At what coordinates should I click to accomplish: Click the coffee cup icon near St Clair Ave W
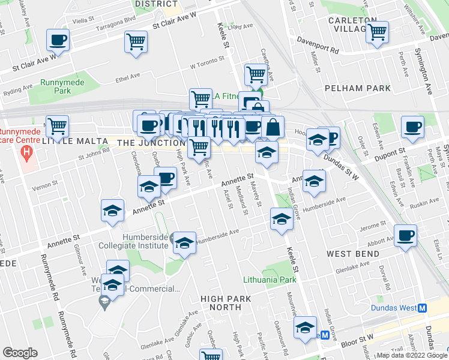tap(58, 40)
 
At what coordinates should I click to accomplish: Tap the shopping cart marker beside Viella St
tap(136, 42)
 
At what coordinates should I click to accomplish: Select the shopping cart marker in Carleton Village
tap(377, 32)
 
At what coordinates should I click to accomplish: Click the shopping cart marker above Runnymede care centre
tap(58, 127)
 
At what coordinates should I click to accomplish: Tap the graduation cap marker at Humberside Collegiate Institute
tap(185, 243)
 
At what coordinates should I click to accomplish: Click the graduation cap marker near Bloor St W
tap(305, 328)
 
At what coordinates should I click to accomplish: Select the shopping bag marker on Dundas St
tap(273, 127)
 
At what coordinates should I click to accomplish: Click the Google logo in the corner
tap(20, 353)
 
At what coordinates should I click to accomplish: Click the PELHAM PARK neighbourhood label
tap(352, 88)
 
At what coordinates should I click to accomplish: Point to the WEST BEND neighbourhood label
tap(352, 254)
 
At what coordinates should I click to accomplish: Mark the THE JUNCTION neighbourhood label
tap(151, 143)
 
